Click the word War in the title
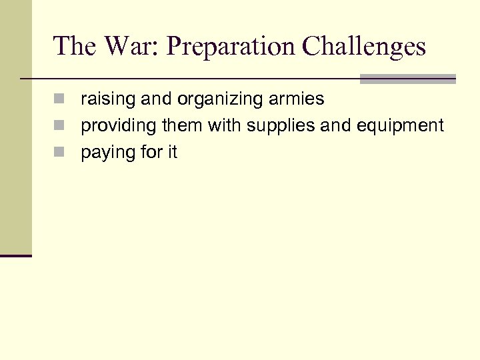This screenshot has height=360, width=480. pyautogui.click(x=128, y=46)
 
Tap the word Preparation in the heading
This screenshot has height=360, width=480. pyautogui.click(x=230, y=46)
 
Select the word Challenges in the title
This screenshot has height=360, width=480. pyautogui.click(x=363, y=46)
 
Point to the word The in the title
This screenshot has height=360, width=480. pyautogui.click(x=75, y=46)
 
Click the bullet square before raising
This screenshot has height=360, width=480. pyautogui.click(x=59, y=100)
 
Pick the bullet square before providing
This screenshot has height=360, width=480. pyautogui.click(x=59, y=126)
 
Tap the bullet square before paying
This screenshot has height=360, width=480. pyautogui.click(x=59, y=153)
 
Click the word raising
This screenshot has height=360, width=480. pyautogui.click(x=105, y=100)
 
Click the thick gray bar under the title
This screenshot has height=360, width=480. pyautogui.click(x=407, y=79)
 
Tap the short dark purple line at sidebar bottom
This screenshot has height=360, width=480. pyautogui.click(x=16, y=255)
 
